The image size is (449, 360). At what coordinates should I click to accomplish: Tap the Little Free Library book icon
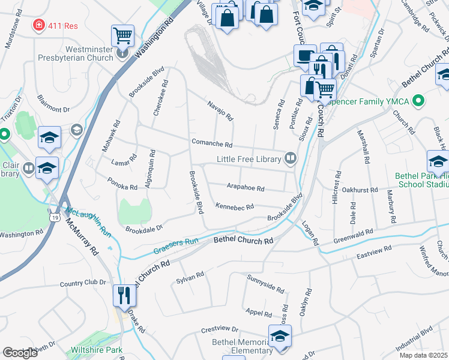[291, 158]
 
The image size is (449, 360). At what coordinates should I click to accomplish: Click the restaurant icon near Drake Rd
[123, 296]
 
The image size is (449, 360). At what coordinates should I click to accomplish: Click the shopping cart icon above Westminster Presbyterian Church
[122, 35]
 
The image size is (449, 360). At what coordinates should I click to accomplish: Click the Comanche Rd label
[211, 144]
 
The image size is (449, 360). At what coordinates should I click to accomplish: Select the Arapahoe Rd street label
[245, 188]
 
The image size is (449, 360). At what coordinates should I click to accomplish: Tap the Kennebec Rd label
[234, 206]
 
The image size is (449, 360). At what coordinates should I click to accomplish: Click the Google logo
[20, 352]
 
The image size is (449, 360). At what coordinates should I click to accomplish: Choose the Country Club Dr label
[83, 283]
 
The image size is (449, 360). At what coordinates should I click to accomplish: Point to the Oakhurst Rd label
[357, 190]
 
